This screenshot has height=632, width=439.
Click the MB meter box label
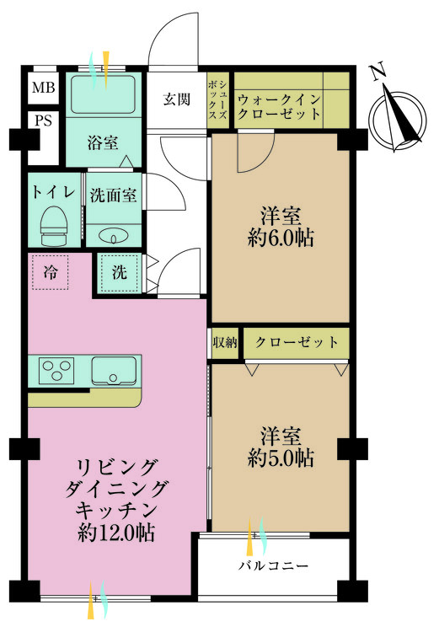pyautogui.click(x=43, y=87)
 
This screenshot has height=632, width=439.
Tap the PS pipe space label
pyautogui.click(x=43, y=121)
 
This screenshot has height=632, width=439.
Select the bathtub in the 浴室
pyautogui.click(x=103, y=94)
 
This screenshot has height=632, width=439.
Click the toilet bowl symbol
pyautogui.click(x=53, y=225)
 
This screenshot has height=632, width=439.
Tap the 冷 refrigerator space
pyautogui.click(x=50, y=272)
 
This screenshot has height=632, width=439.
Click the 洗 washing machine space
pyautogui.click(x=120, y=272)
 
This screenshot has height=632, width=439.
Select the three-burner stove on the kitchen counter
pyautogui.click(x=56, y=371)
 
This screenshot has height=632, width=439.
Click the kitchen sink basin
pyautogui.click(x=114, y=371)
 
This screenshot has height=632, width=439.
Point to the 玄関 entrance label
pyautogui.click(x=177, y=99)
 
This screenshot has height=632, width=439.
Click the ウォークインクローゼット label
pyautogui.click(x=279, y=107)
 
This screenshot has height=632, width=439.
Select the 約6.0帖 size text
pyautogui.click(x=281, y=238)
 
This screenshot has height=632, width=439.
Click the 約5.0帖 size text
pyautogui.click(x=281, y=458)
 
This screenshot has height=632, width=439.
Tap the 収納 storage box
pyautogui.click(x=225, y=343)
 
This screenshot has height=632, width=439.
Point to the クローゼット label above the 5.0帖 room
pyautogui.click(x=297, y=342)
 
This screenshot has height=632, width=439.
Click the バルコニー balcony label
pyautogui.click(x=274, y=566)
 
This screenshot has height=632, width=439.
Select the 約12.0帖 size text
pyautogui.click(x=116, y=533)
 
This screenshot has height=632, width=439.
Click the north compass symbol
pyautogui.click(x=399, y=120)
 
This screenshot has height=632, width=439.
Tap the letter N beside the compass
pyautogui.click(x=378, y=72)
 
